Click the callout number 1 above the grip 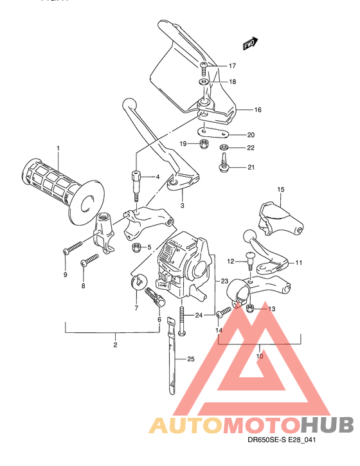(x=57, y=149)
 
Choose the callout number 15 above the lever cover (x=280, y=190)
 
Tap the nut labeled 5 (x=136, y=247)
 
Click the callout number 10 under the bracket (x=260, y=355)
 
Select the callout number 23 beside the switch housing (x=224, y=281)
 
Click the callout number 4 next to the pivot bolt (x=157, y=177)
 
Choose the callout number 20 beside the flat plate (x=251, y=135)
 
